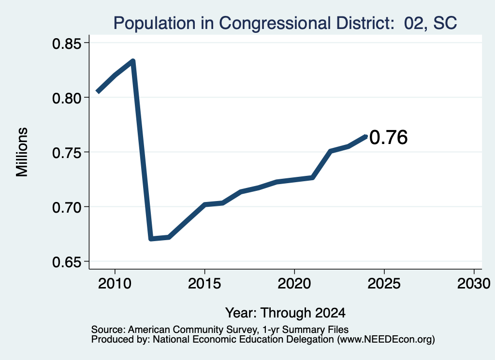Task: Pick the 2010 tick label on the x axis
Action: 115,284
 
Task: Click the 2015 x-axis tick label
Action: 204,284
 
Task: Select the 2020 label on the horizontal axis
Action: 294,284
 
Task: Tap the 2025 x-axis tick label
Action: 384,284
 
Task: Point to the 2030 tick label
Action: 474,284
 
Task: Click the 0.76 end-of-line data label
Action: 388,138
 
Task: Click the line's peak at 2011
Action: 133,61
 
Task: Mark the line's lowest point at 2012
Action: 151,238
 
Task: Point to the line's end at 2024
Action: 366,137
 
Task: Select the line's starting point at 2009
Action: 97,92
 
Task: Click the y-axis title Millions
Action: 22,152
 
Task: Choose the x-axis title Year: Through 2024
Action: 285,313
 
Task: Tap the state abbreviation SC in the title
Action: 445,23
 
